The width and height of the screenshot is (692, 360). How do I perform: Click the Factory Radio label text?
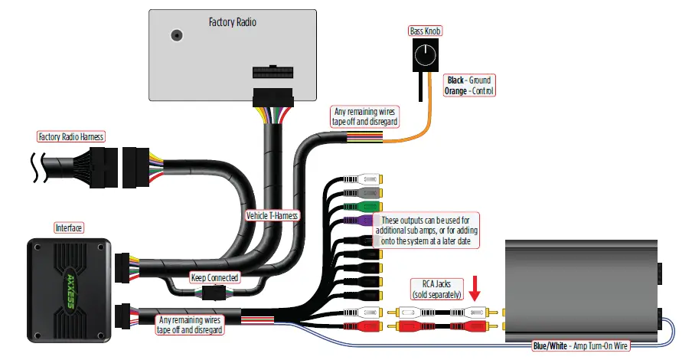point(232,22)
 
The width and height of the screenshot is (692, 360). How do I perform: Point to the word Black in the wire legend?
point(456,80)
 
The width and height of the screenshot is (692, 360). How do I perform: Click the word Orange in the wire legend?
point(459,90)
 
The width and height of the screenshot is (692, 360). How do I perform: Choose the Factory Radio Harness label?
point(71,137)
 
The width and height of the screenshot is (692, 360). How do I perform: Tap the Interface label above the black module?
point(68,227)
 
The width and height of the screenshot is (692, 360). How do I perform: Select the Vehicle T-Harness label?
point(272,216)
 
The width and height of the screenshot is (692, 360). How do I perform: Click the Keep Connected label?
point(214,277)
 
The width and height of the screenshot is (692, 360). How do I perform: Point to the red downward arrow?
point(476,290)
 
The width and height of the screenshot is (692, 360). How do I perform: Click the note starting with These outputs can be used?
point(425,230)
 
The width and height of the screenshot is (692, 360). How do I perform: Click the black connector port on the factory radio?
point(273,74)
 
